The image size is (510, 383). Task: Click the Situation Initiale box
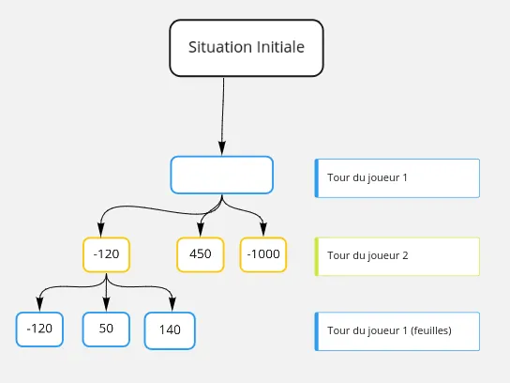coord(246,47)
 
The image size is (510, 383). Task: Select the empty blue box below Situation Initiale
coord(221,175)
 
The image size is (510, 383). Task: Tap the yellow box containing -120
coord(106,254)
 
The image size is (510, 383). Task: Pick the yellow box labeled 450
coord(201,254)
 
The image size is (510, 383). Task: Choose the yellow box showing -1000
coord(262,254)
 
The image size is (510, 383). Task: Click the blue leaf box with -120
coord(39,329)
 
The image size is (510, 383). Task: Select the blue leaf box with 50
coord(106,329)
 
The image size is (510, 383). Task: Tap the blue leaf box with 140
coord(170,329)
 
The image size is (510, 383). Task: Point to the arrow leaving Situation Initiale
coord(223,113)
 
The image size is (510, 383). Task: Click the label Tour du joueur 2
coord(367,255)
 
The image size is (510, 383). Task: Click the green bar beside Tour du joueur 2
coord(317,255)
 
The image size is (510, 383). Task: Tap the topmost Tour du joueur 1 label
coord(367,177)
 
